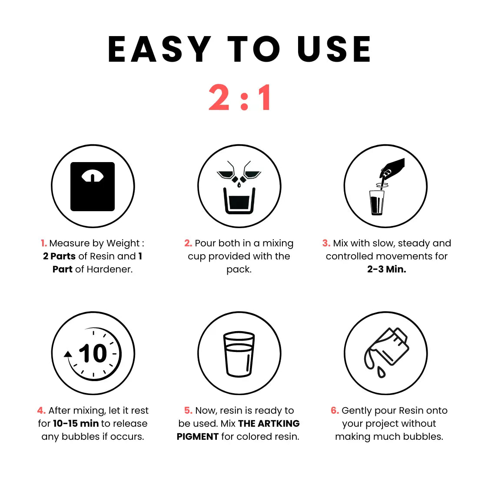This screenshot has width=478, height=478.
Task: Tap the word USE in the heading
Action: point(334,49)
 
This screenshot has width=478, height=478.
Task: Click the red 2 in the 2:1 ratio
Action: point(219,97)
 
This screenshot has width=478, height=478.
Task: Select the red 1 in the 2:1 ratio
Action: point(264,97)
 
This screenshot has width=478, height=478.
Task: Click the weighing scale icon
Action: point(93,186)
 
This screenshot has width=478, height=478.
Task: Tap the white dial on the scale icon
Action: point(93,176)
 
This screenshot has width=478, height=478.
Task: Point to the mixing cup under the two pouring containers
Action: point(239,201)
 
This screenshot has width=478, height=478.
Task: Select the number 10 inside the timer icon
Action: point(93,353)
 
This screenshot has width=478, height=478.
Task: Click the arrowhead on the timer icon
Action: point(68,354)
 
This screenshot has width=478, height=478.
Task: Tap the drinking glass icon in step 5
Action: point(239,354)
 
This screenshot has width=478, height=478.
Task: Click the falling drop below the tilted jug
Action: point(381,372)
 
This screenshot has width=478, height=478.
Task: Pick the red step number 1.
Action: point(44,243)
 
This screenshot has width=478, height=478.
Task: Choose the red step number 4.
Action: point(41,410)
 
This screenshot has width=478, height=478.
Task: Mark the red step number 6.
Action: point(335,410)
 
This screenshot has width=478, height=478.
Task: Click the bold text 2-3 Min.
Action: point(387,269)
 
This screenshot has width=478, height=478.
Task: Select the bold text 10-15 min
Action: point(76,423)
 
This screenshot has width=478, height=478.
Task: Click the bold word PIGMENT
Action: point(198,437)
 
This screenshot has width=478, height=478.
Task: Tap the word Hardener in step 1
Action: point(110,269)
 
